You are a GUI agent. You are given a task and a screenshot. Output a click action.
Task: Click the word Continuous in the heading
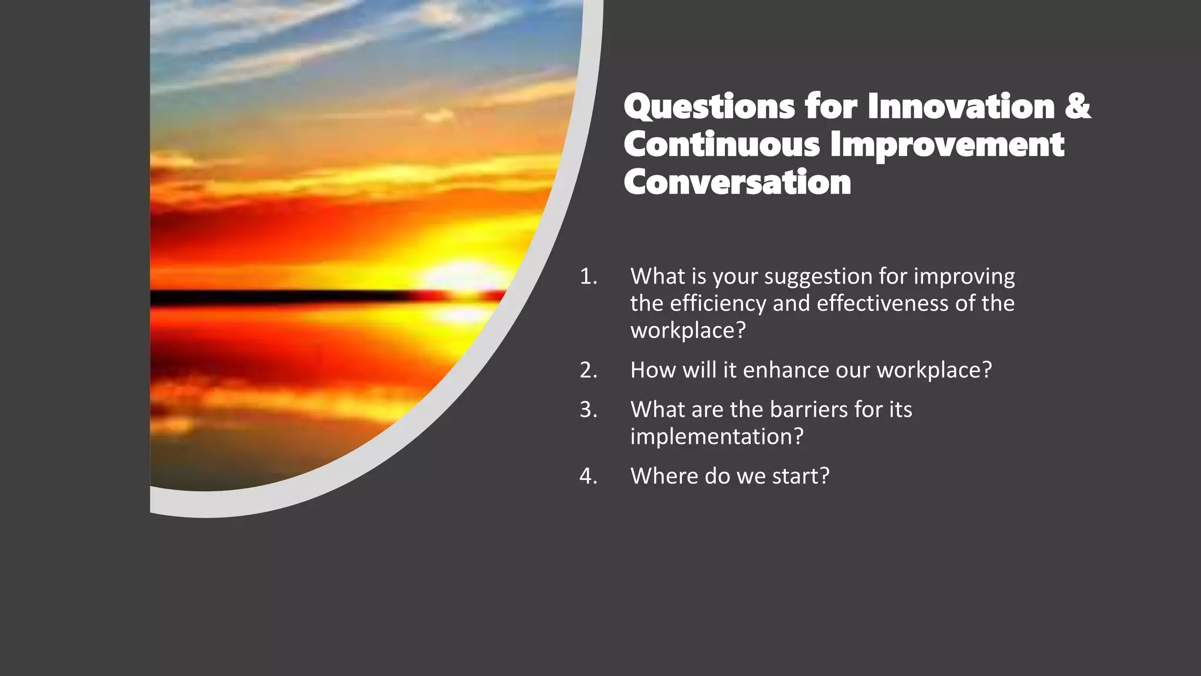(x=721, y=145)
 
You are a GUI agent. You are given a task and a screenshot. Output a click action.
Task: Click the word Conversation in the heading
(x=737, y=182)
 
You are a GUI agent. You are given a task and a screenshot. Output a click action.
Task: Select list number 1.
(x=588, y=276)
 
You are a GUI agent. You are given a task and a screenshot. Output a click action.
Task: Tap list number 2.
(x=588, y=370)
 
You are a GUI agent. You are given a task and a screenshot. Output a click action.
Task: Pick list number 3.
(x=588, y=410)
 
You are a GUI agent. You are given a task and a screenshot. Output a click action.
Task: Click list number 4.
(x=588, y=476)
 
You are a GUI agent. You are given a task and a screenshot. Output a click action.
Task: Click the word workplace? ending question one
(x=688, y=331)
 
